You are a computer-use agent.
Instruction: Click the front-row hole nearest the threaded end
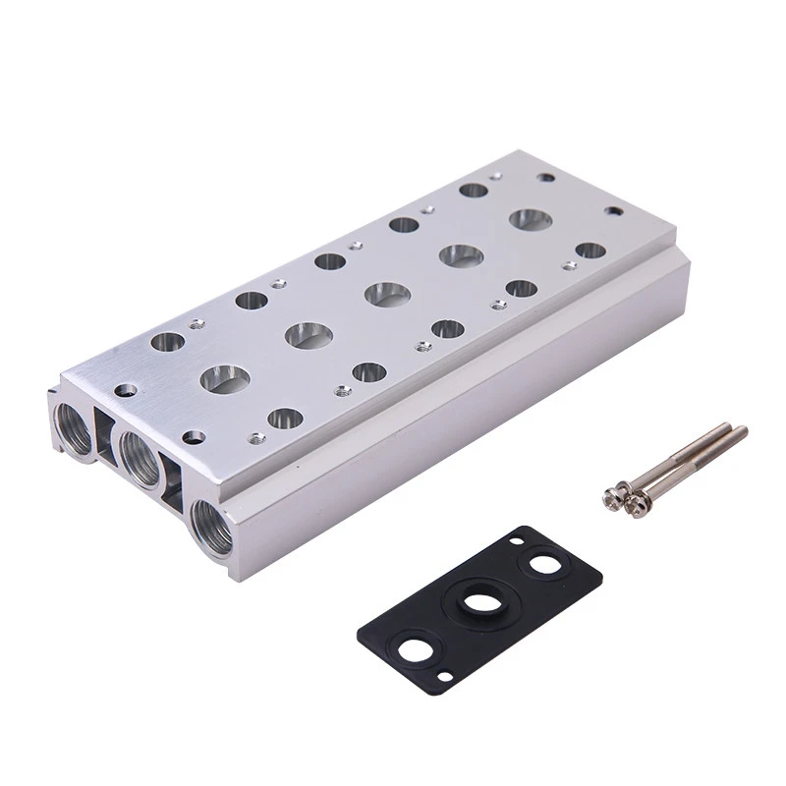(284, 418)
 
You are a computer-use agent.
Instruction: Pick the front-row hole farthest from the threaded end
(589, 250)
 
